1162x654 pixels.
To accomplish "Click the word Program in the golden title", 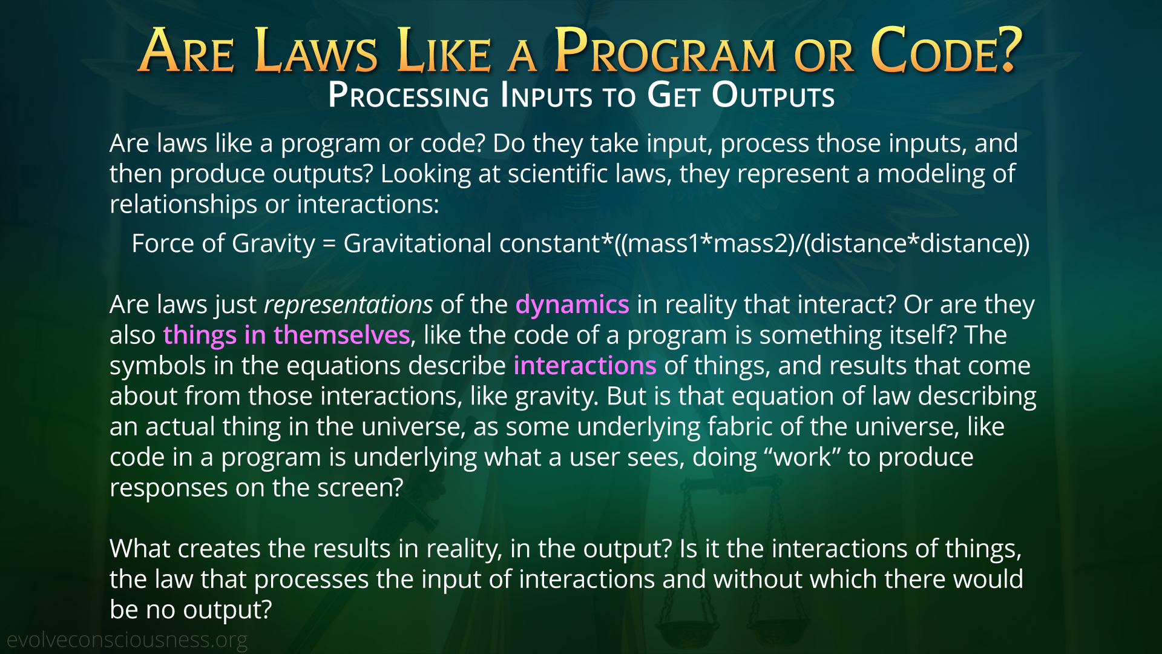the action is [665, 51].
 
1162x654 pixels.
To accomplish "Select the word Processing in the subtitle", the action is [409, 96].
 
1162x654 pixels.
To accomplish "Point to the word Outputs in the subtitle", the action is [773, 96].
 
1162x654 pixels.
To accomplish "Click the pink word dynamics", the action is [572, 305].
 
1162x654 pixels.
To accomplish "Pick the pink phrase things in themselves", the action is [286, 335].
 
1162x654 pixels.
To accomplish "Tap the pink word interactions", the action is [585, 366].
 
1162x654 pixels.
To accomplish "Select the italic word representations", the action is [349, 305].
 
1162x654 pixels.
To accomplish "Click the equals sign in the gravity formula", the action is [329, 244].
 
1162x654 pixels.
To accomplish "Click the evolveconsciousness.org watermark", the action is [127, 640].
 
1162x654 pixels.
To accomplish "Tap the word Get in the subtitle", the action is [674, 96].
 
